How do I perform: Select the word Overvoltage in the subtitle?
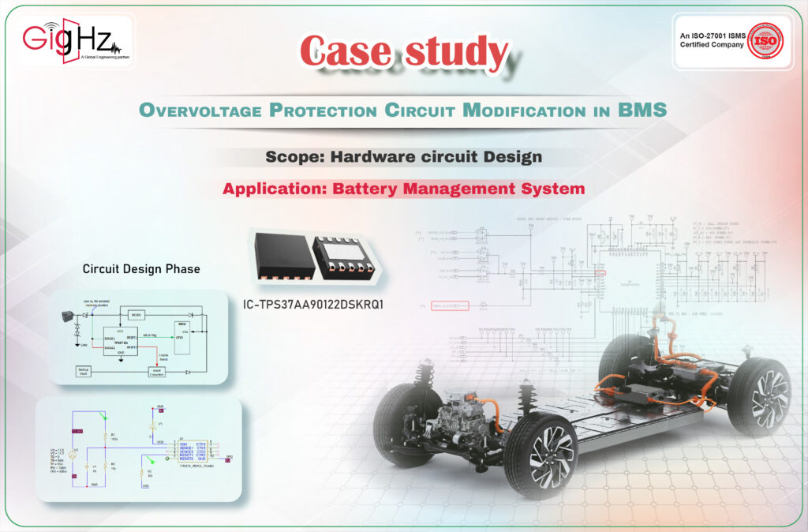tap(200, 111)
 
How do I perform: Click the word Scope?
tap(294, 156)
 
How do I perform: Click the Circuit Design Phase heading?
tap(141, 269)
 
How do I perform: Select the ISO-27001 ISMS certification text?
tap(712, 40)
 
